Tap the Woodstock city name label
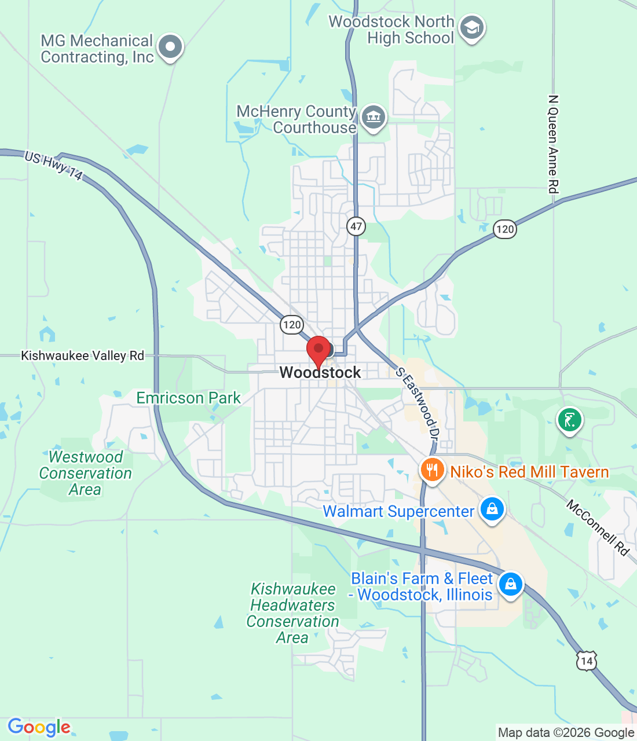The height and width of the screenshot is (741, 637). coord(320,372)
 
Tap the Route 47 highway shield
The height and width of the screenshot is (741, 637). coord(356,226)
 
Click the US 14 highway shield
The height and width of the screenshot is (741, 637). coord(587,661)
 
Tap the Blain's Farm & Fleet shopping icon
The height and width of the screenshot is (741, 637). coord(511,585)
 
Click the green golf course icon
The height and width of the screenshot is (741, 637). coord(569,420)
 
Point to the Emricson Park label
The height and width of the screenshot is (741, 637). coord(188,398)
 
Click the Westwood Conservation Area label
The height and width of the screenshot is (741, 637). coord(86,473)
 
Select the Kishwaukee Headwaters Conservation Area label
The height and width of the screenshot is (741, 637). coord(293,613)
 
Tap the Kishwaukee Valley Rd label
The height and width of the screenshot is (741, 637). coord(82,355)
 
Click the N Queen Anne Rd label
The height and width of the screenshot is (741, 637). coord(554,144)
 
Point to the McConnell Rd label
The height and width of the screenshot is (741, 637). coord(598,527)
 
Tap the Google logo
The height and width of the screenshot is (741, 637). coord(39,727)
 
